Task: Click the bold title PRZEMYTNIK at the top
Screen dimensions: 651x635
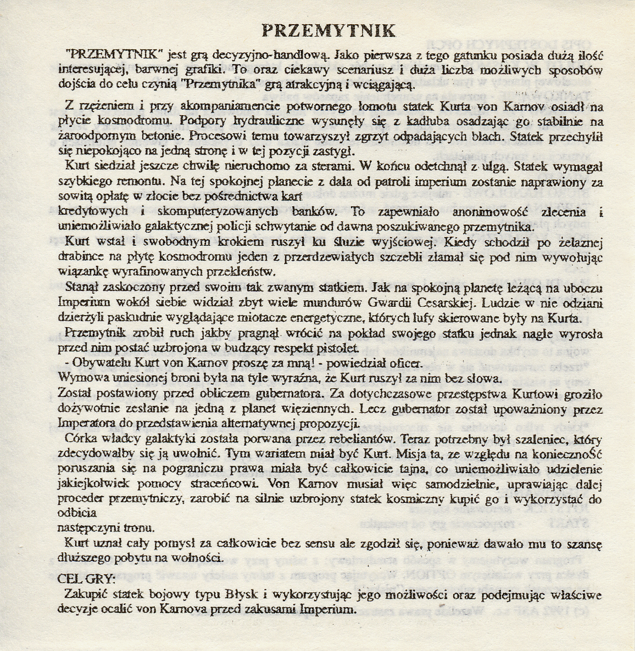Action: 328,30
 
